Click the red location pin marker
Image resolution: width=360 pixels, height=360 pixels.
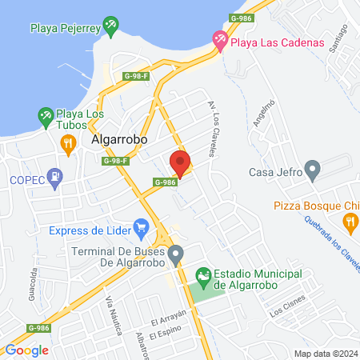[180, 163]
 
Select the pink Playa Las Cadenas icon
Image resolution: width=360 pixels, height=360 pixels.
[219, 38]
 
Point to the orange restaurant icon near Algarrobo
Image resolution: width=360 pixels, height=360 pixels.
[69, 143]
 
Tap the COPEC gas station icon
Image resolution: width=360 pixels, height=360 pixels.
[54, 178]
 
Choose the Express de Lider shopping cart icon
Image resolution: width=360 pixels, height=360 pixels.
[142, 230]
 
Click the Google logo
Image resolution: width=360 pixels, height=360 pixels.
[26, 350]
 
